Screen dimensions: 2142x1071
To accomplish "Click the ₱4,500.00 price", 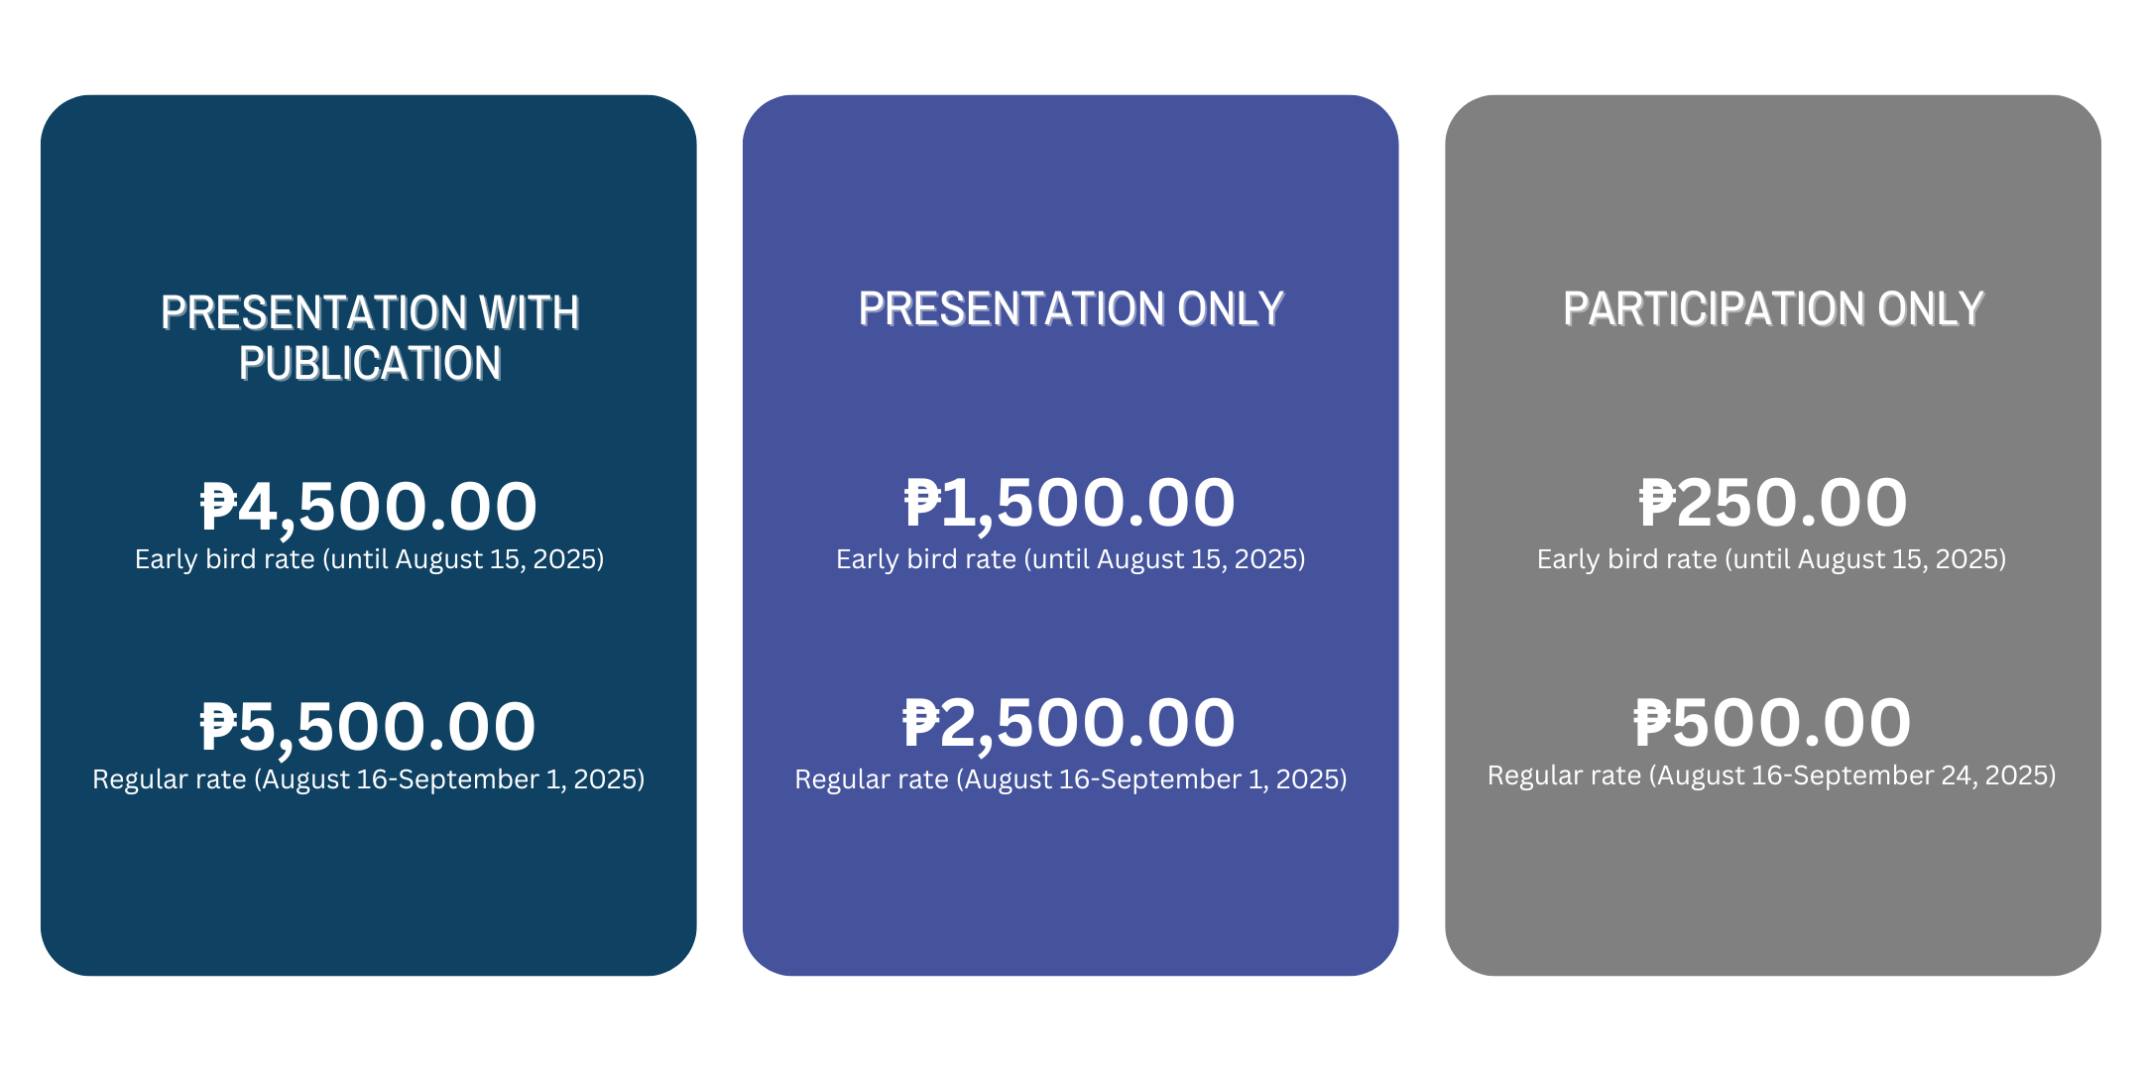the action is click(369, 507).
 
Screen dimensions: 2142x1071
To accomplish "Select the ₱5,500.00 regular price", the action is click(369, 727).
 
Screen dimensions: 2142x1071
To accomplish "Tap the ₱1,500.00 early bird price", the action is click(1070, 503).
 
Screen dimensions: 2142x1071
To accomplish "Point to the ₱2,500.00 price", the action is click(1069, 723).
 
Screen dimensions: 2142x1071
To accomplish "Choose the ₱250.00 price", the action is click(1773, 503).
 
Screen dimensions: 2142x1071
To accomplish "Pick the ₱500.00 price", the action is click(1773, 723).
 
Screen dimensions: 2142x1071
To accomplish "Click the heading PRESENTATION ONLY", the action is click(1071, 309).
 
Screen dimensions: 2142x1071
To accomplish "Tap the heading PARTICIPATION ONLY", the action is click(1773, 309).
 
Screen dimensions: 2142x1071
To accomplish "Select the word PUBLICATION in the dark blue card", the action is click(370, 364).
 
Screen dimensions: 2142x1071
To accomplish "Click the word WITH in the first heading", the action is click(530, 313).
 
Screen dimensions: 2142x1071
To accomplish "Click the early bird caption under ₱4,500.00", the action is click(369, 559).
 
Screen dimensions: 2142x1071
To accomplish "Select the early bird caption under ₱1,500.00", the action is click(1070, 559).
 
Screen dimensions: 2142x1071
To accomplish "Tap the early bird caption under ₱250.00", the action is click(1771, 559).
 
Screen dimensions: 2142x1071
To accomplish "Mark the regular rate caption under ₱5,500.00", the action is click(369, 779).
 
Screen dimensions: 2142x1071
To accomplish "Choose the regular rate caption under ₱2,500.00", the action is click(1070, 779).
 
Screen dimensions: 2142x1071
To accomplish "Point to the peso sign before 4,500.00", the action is click(219, 507).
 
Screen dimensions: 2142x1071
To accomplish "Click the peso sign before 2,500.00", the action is click(920, 723).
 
